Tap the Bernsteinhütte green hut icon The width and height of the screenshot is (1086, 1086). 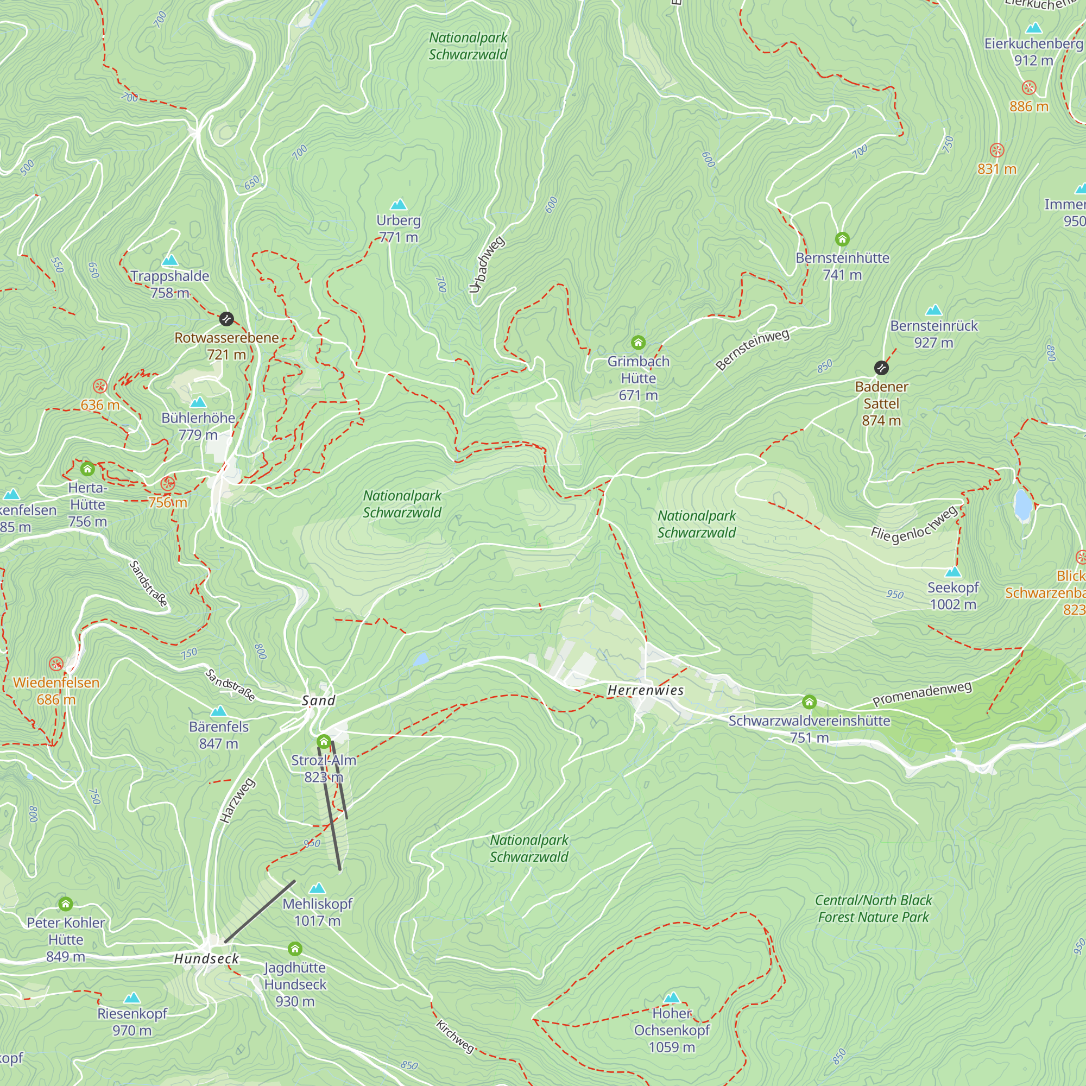pos(842,239)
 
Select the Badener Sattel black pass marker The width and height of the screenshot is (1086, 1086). pos(881,368)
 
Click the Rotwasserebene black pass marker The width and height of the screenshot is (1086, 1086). pos(226,319)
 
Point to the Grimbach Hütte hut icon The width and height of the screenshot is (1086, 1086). pos(638,342)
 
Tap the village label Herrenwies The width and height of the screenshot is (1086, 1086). pos(645,690)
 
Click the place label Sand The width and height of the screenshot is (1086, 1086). pos(318,700)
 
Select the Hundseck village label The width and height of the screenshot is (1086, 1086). pos(206,958)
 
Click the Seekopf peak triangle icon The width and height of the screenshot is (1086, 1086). pos(953,572)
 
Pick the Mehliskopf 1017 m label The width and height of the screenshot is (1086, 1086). pos(317,912)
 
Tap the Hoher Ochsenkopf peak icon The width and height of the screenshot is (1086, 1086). pos(672,997)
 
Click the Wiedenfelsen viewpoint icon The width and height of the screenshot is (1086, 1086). pos(56,664)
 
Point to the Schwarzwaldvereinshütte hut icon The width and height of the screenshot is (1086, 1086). pos(809,702)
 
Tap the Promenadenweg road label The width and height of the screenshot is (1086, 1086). pos(921,693)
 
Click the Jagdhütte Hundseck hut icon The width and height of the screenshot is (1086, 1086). pos(295,949)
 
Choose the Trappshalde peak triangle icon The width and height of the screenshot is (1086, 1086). pos(170,260)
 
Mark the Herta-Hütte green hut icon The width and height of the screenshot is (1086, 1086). pos(87,468)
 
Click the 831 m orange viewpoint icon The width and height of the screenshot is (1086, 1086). pos(996,150)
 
